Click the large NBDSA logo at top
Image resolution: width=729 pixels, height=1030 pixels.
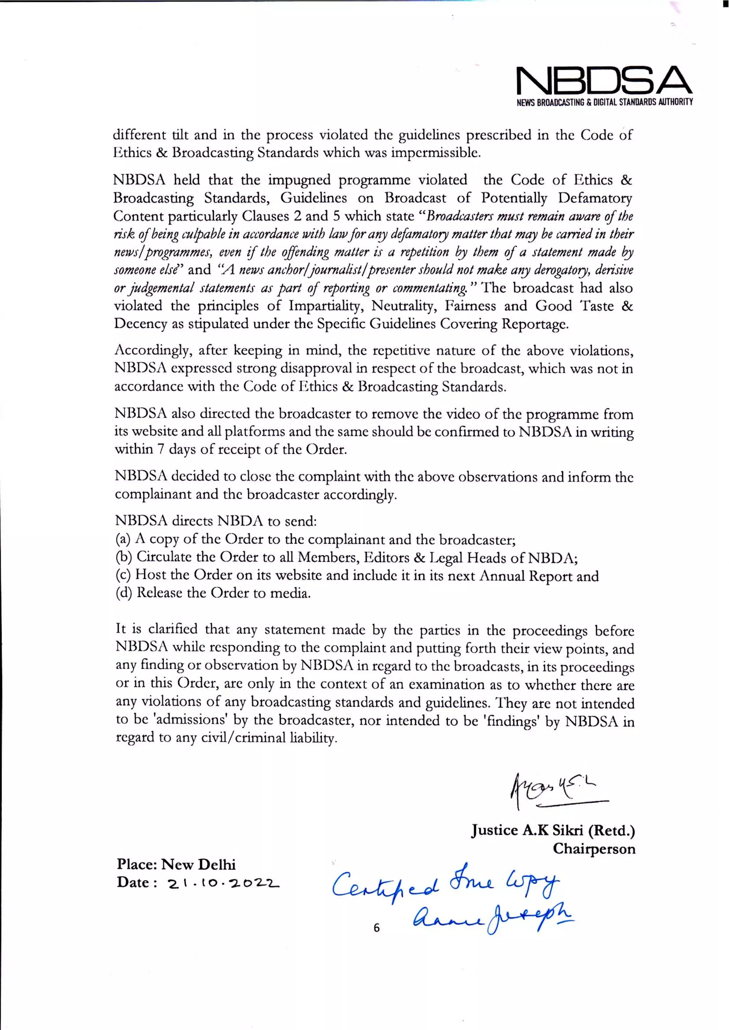[604, 81]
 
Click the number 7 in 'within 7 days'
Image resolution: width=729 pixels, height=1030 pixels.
[161, 449]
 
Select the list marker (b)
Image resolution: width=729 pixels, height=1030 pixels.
[123, 557]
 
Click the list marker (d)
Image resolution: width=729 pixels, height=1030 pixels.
[123, 593]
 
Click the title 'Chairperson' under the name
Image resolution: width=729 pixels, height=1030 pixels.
[593, 849]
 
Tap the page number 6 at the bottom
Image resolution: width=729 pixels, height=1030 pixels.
[376, 927]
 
